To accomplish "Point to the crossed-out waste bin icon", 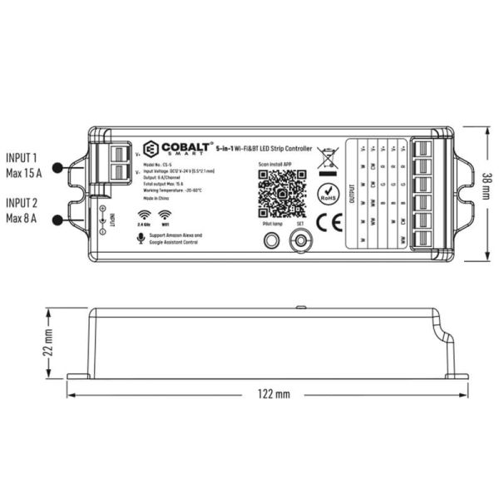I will (x=327, y=157).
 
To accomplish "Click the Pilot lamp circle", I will (x=269, y=240).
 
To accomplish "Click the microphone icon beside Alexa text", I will (x=138, y=238).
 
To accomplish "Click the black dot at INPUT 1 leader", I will (x=57, y=168).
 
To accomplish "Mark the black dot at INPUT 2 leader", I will (x=57, y=219).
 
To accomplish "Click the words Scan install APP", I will (x=276, y=165).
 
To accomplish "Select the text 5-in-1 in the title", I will (x=223, y=148).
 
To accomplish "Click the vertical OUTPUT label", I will (x=351, y=193).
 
